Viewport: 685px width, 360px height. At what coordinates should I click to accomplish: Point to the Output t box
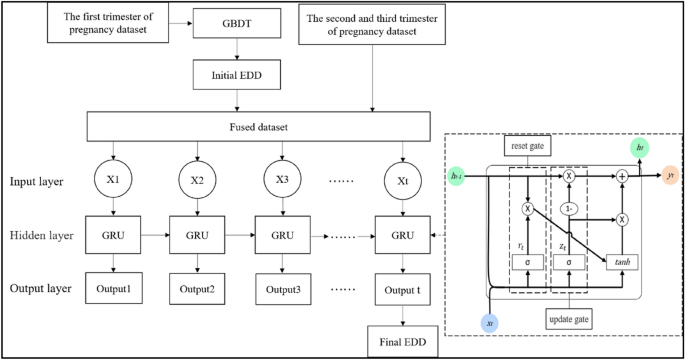[402, 289]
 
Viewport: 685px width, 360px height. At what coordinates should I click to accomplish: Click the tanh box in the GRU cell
[620, 262]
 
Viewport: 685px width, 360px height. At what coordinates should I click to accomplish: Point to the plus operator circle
[622, 175]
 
